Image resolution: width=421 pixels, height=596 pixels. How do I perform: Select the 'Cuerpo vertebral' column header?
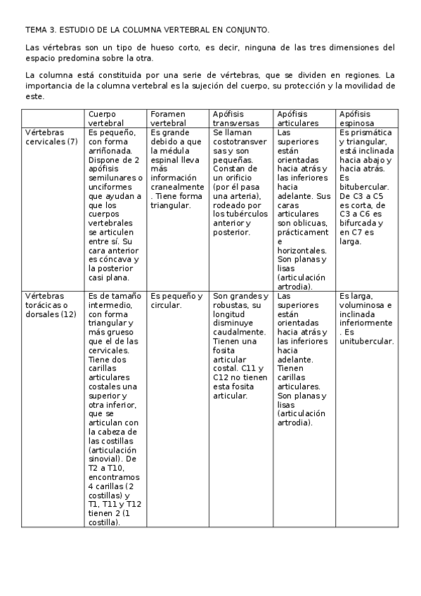(x=103, y=118)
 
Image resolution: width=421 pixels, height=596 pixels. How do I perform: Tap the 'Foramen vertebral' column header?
(x=168, y=118)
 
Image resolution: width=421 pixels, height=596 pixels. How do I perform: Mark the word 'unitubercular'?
(x=365, y=342)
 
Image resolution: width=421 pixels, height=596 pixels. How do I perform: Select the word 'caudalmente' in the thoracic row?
(x=238, y=332)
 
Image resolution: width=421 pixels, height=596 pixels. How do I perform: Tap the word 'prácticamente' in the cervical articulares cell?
(x=303, y=232)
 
